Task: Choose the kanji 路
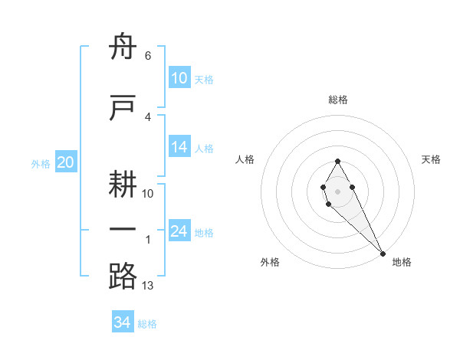coord(123,276)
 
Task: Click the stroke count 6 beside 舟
coord(147,57)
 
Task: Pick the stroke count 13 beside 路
coord(148,286)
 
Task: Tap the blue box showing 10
coord(179,78)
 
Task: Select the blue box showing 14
coord(179,148)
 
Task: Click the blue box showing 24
coord(179,232)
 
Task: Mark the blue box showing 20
coord(66,162)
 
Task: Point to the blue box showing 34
coord(123,322)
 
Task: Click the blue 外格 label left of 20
coord(41,164)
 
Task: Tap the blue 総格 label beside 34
coord(147,324)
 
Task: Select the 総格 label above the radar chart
coord(337,100)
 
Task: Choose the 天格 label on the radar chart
coord(431,159)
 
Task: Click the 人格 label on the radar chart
coord(245,159)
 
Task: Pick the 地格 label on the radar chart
coord(402,262)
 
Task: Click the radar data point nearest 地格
coord(383,253)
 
